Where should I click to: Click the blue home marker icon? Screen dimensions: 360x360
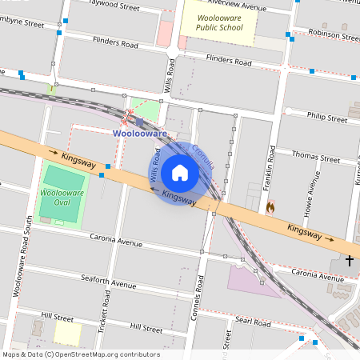point(180,173)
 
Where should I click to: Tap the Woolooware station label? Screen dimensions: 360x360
point(139,134)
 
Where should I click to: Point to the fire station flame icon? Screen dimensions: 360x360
point(270,206)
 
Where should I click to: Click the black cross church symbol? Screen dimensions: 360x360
point(349,260)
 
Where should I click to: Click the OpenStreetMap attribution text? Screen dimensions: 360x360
point(80,354)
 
